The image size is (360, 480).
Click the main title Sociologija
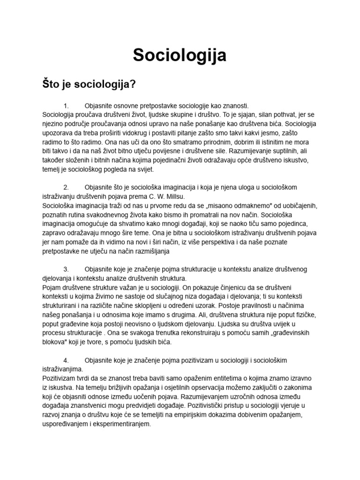click(x=180, y=55)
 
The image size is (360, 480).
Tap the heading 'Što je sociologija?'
click(x=89, y=84)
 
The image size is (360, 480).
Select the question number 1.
click(x=66, y=106)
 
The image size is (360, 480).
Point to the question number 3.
click(x=66, y=269)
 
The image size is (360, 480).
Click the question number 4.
click(x=66, y=360)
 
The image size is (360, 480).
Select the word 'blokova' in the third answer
click(x=56, y=342)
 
